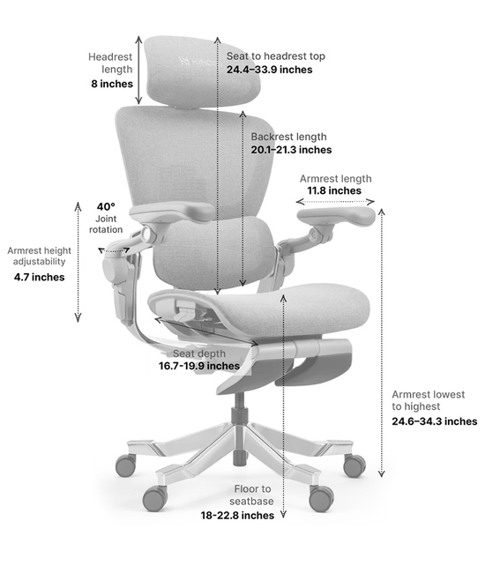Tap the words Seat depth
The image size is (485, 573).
(x=191, y=353)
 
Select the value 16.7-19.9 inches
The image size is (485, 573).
(x=193, y=366)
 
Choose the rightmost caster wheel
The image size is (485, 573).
(x=354, y=465)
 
